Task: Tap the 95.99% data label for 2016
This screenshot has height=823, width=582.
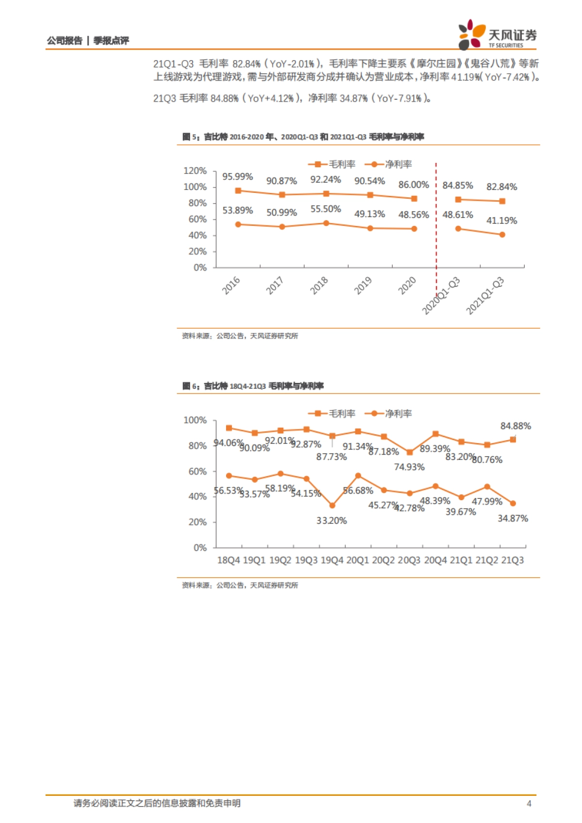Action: click(238, 177)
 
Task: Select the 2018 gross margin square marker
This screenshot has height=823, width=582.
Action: click(326, 194)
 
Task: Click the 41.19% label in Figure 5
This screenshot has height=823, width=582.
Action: click(501, 221)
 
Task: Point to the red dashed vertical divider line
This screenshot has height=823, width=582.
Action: click(436, 218)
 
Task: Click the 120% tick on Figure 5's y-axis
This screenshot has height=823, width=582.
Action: click(195, 171)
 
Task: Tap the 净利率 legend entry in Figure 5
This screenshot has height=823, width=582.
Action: click(388, 165)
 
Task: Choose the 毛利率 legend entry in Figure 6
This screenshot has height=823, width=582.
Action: click(332, 413)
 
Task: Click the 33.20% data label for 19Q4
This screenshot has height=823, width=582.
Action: click(332, 521)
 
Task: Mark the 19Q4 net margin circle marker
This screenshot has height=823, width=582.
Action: click(332, 506)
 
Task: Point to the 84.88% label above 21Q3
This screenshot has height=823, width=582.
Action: click(516, 426)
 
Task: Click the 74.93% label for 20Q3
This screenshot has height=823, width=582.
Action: click(409, 467)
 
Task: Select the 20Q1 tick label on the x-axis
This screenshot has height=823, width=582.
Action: click(358, 560)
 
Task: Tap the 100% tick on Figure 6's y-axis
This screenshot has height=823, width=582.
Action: click(195, 420)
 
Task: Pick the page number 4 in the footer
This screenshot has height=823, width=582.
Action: click(529, 804)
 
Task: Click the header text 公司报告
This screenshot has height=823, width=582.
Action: click(65, 41)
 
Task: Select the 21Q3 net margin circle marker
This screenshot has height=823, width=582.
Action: click(513, 504)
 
